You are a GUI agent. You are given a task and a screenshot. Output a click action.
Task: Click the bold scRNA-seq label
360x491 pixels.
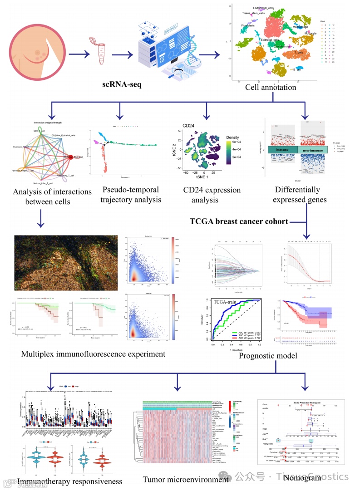pos(122,84)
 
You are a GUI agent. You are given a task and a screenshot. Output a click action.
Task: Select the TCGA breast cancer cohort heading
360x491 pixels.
pos(239,221)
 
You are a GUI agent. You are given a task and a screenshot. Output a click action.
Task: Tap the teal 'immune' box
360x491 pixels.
pos(282,150)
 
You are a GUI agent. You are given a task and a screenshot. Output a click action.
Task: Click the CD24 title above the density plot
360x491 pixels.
pos(189,125)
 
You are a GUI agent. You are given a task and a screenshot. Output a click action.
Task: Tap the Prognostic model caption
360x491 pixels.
pos(267,355)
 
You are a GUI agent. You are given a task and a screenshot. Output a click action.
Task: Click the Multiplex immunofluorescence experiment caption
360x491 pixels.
pos(93,354)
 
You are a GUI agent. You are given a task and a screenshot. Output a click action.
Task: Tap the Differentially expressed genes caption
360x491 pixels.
pos(297,194)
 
